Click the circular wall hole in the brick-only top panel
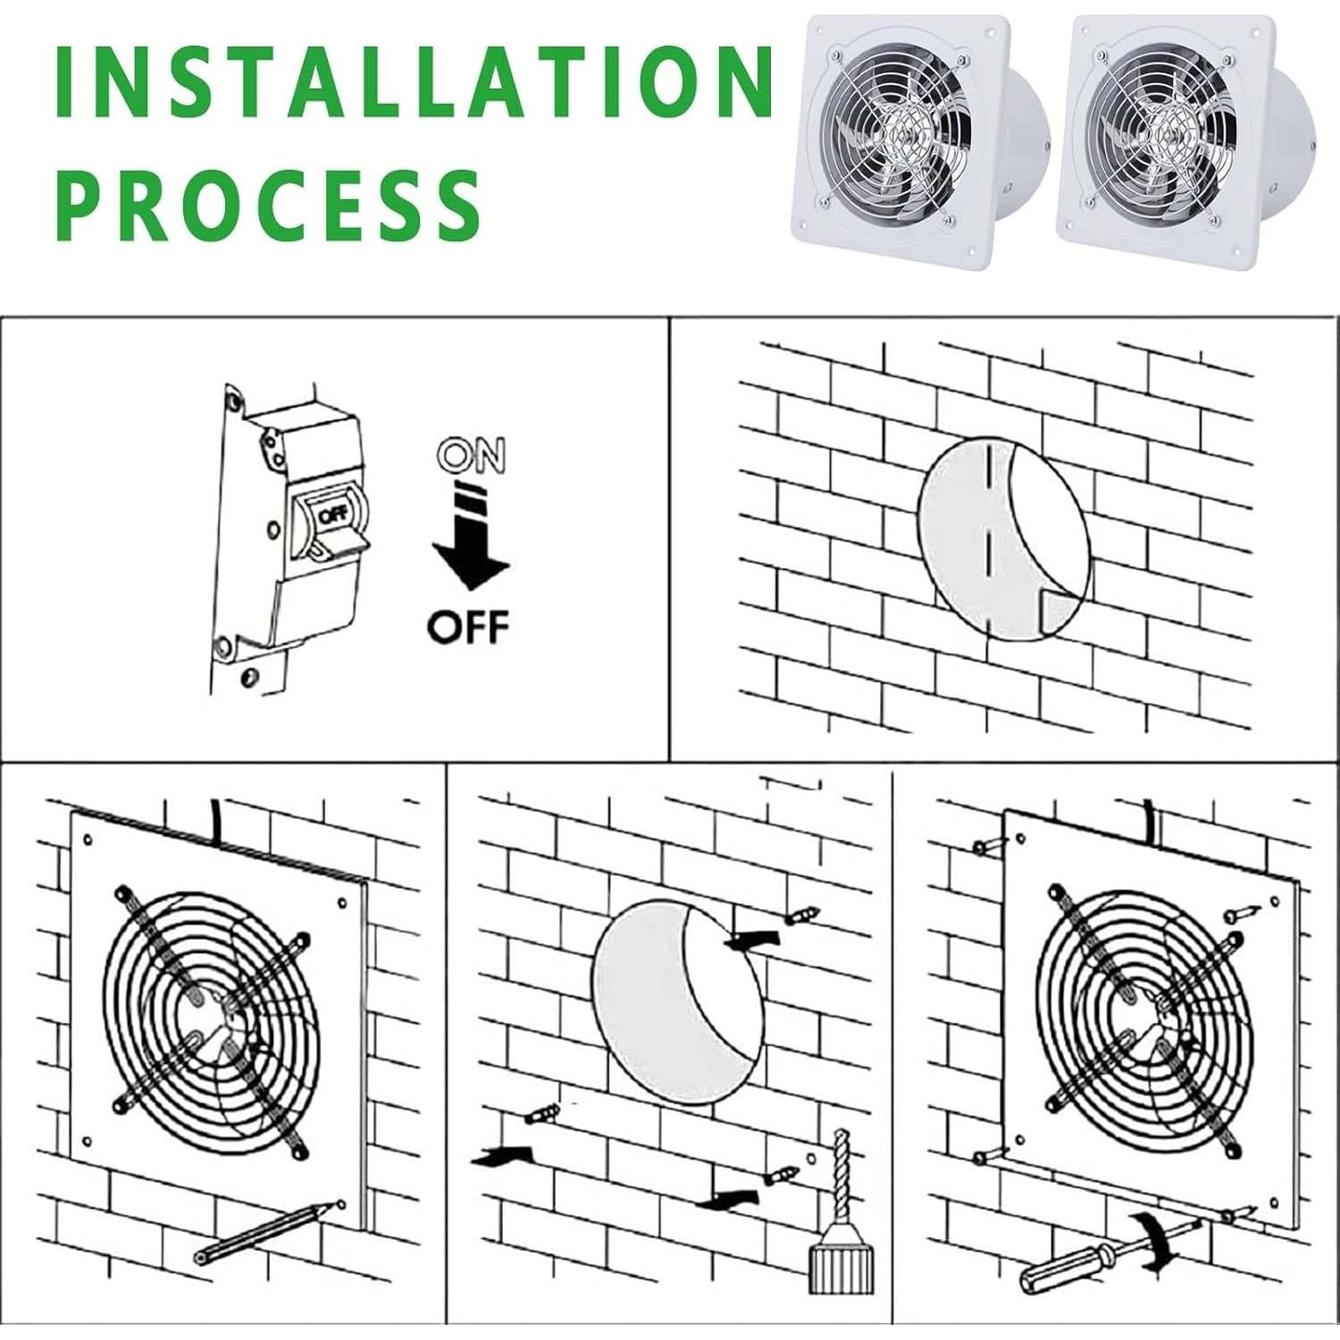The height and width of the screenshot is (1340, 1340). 1004,540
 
